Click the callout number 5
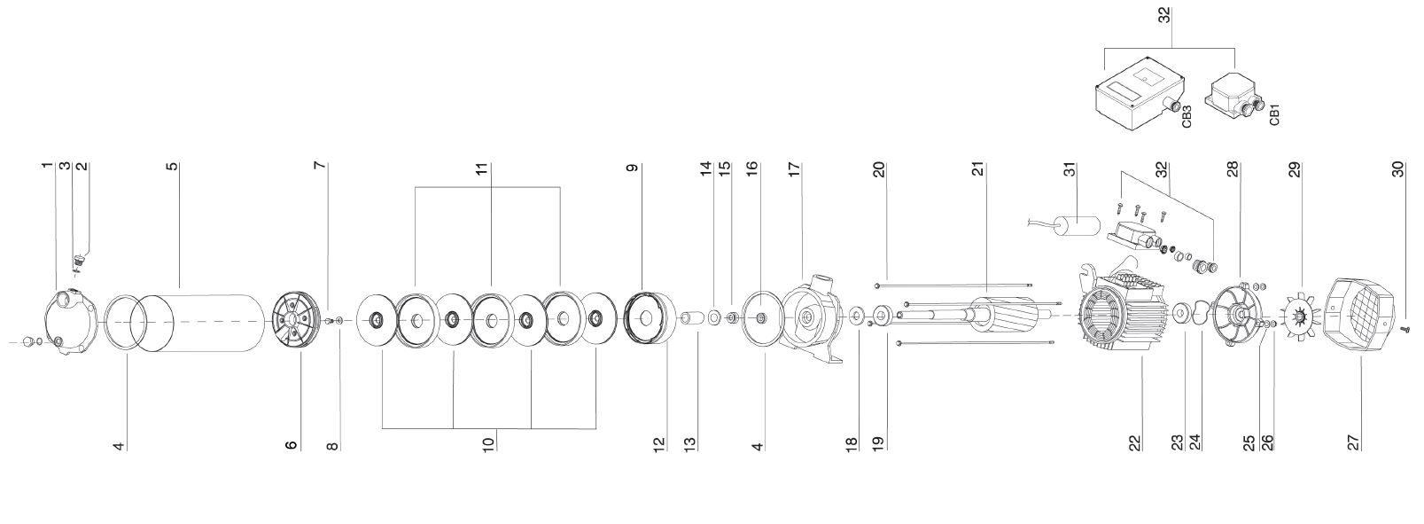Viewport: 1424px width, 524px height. pyautogui.click(x=173, y=167)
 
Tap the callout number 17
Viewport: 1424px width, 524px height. pyautogui.click(x=794, y=170)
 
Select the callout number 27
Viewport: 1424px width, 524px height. pyautogui.click(x=1353, y=442)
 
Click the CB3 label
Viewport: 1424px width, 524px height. pyautogui.click(x=1187, y=117)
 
